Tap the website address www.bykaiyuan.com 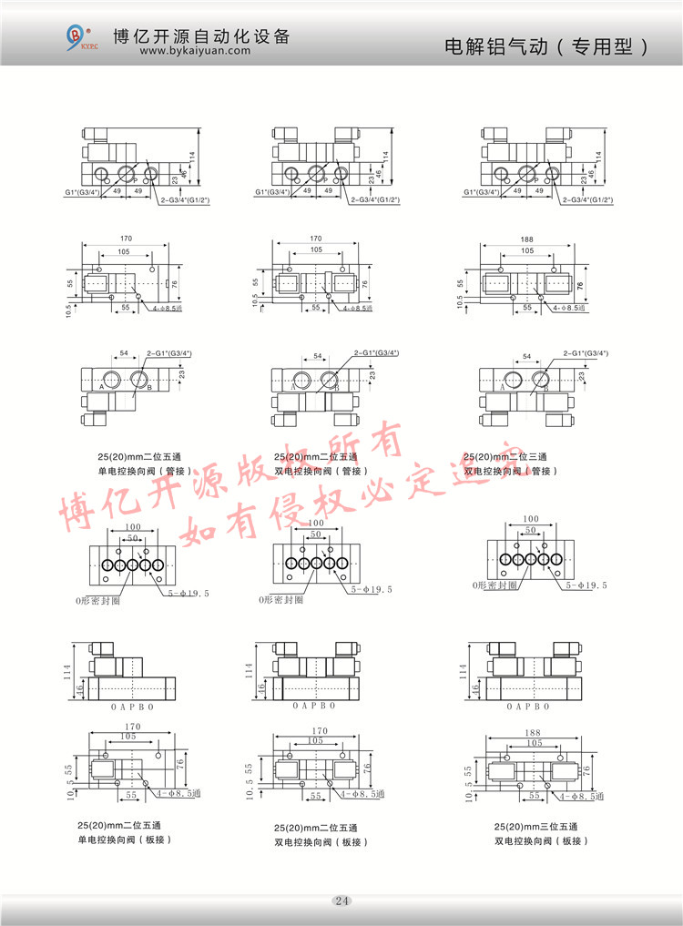point(194,52)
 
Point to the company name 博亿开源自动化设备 point(200,36)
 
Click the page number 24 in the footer point(341,901)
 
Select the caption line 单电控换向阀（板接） point(125,839)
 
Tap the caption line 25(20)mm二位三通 point(505,457)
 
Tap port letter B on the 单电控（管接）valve point(148,386)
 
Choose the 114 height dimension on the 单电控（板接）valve point(69,671)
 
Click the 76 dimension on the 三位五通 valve point(586,769)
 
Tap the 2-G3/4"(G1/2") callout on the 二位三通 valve point(587,199)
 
